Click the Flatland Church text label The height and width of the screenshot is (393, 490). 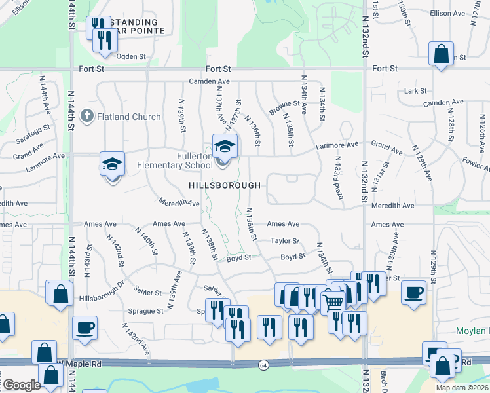(128, 117)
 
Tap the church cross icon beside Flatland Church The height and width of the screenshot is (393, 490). (86, 117)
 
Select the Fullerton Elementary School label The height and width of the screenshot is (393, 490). (175, 161)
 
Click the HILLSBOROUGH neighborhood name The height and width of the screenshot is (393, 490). (225, 186)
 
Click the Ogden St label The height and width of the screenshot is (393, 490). (130, 56)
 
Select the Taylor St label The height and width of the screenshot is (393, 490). (285, 241)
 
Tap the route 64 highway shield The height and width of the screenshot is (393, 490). (263, 364)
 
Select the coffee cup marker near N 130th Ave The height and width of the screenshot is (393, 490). (413, 292)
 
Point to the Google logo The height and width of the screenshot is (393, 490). (22, 384)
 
